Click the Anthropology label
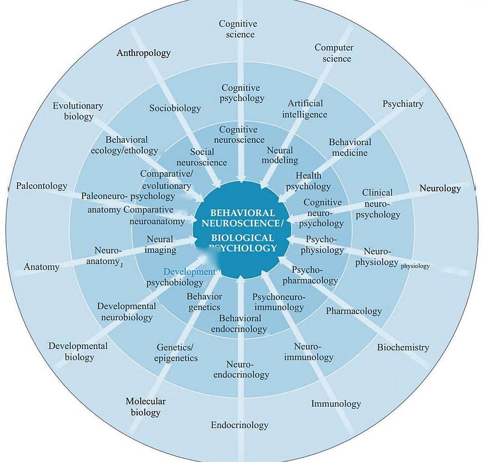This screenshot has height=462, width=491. pyautogui.click(x=143, y=53)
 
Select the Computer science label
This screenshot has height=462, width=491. pyautogui.click(x=334, y=53)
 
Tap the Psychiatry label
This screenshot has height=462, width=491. pyautogui.click(x=403, y=104)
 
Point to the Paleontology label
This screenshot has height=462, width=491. pyautogui.click(x=42, y=186)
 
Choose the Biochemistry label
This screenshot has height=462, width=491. pyautogui.click(x=403, y=348)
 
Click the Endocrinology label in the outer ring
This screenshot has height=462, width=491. pyautogui.click(x=239, y=425)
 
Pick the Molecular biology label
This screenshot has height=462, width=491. pyautogui.click(x=145, y=407)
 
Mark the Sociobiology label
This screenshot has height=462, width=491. pyautogui.click(x=175, y=108)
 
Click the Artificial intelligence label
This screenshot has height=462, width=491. pyautogui.click(x=305, y=109)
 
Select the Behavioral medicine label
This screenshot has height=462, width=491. pyautogui.click(x=350, y=147)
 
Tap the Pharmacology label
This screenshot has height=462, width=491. pyautogui.click(x=354, y=311)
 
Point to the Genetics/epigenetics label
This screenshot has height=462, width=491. pyautogui.click(x=176, y=353)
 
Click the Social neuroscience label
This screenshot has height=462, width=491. pyautogui.click(x=201, y=157)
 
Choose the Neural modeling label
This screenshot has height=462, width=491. pyautogui.click(x=280, y=155)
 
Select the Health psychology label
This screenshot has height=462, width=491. pyautogui.click(x=308, y=181)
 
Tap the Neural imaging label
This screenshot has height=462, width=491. pyautogui.click(x=160, y=245)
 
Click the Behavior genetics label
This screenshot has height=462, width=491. pyautogui.click(x=204, y=302)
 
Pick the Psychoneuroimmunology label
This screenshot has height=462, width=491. pyautogui.click(x=279, y=302)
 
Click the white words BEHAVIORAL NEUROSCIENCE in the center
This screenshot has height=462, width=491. pyautogui.click(x=242, y=218)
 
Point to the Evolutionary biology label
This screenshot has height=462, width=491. pyautogui.click(x=78, y=111)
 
